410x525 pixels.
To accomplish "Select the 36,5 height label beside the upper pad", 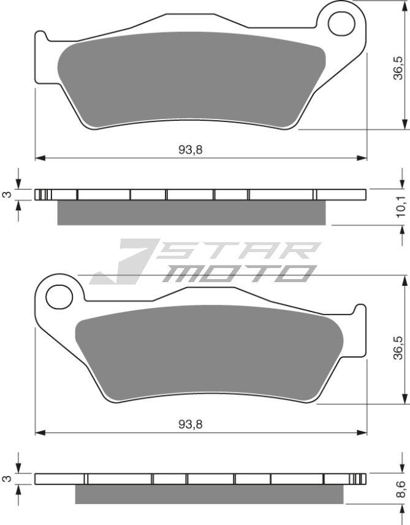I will click(x=398, y=68).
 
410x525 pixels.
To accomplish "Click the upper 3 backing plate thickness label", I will click(x=7, y=195).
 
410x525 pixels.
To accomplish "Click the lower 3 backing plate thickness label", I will click(x=7, y=478).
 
